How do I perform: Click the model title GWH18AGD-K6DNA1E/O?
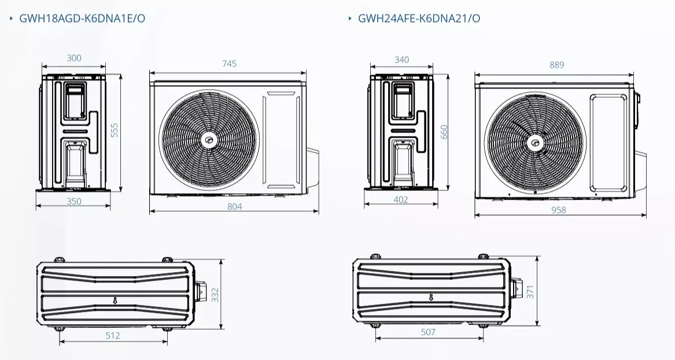pyautogui.click(x=82, y=18)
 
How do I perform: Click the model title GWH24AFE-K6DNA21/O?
pyautogui.click(x=419, y=18)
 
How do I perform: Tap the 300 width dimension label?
pyautogui.click(x=74, y=58)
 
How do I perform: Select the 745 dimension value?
pyautogui.click(x=229, y=64)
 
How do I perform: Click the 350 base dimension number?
pyautogui.click(x=73, y=201)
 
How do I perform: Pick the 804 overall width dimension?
pyautogui.click(x=234, y=206)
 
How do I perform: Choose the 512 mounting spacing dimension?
pyautogui.click(x=113, y=335)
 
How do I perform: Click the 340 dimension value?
pyautogui.click(x=401, y=60)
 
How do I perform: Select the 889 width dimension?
pyautogui.click(x=556, y=65)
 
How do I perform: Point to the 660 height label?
pyautogui.click(x=444, y=133)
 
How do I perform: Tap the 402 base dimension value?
pyautogui.click(x=400, y=200)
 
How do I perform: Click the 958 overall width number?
pyautogui.click(x=558, y=210)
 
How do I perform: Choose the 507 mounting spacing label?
pyautogui.click(x=428, y=332)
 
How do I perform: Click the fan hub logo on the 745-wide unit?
pyautogui.click(x=207, y=139)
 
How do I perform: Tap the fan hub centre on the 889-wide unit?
pyautogui.click(x=535, y=142)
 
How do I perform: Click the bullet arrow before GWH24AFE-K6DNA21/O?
pyautogui.click(x=350, y=18)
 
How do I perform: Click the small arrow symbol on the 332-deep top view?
pyautogui.click(x=115, y=300)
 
